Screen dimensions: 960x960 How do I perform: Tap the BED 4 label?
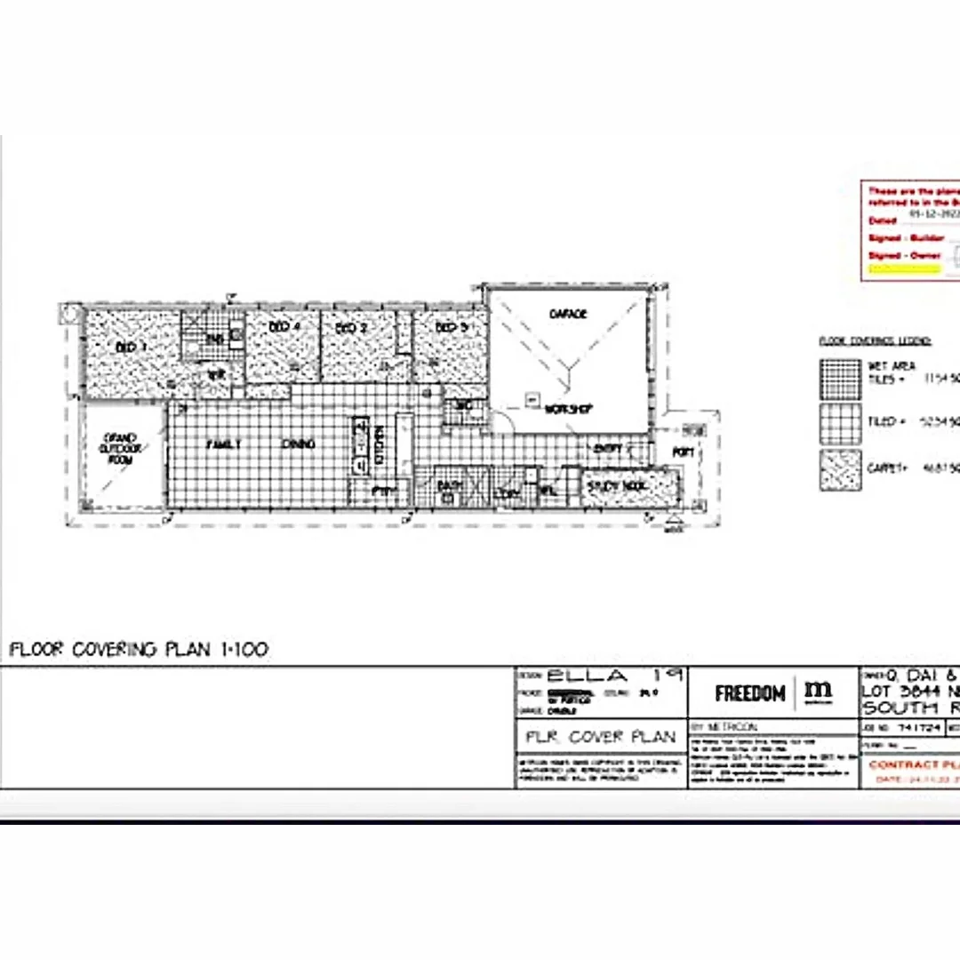point(283,328)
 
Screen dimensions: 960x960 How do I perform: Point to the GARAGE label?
point(568,314)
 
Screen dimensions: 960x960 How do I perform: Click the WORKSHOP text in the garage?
point(569,409)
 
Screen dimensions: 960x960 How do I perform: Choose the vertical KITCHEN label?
point(379,441)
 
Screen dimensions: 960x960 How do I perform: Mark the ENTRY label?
point(609,450)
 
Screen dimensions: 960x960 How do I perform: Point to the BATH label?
point(447,486)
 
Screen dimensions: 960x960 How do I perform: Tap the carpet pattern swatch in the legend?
point(840,470)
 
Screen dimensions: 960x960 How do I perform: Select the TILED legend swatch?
point(840,424)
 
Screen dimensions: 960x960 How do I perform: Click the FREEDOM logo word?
point(749,693)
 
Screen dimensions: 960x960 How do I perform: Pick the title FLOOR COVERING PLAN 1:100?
point(138,650)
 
